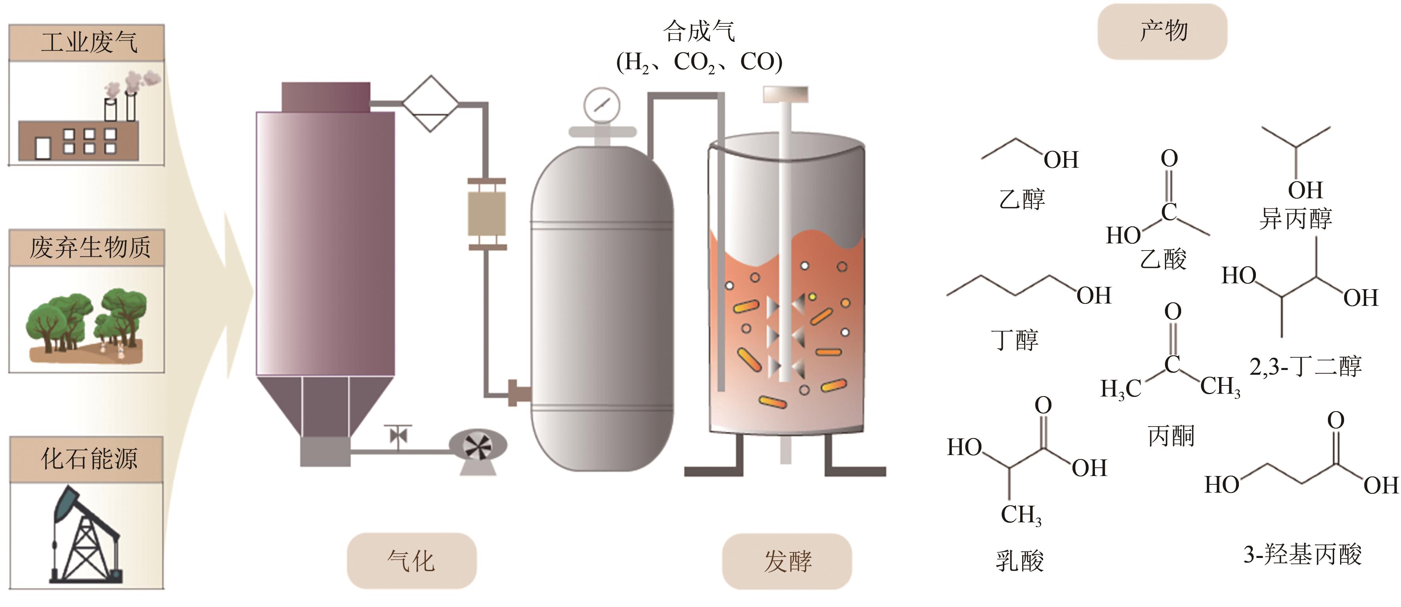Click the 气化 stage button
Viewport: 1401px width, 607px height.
point(411,561)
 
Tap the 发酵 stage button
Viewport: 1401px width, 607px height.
point(787,561)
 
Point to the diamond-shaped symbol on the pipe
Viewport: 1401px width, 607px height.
point(431,103)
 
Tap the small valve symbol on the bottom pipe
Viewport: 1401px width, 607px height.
point(398,436)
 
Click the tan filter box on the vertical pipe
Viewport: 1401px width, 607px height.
point(487,213)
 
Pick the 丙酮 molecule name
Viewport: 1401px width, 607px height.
point(1171,436)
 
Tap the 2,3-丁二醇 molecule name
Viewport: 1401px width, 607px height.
point(1305,366)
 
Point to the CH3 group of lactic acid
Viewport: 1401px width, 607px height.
point(1021,515)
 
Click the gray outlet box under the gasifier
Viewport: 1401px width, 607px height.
point(325,452)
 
